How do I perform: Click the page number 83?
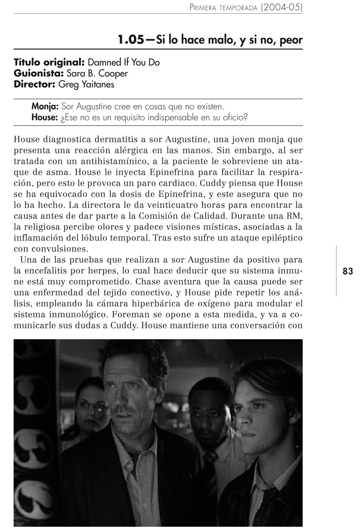348,271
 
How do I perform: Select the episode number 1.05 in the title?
131,40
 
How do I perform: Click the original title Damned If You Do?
124,62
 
